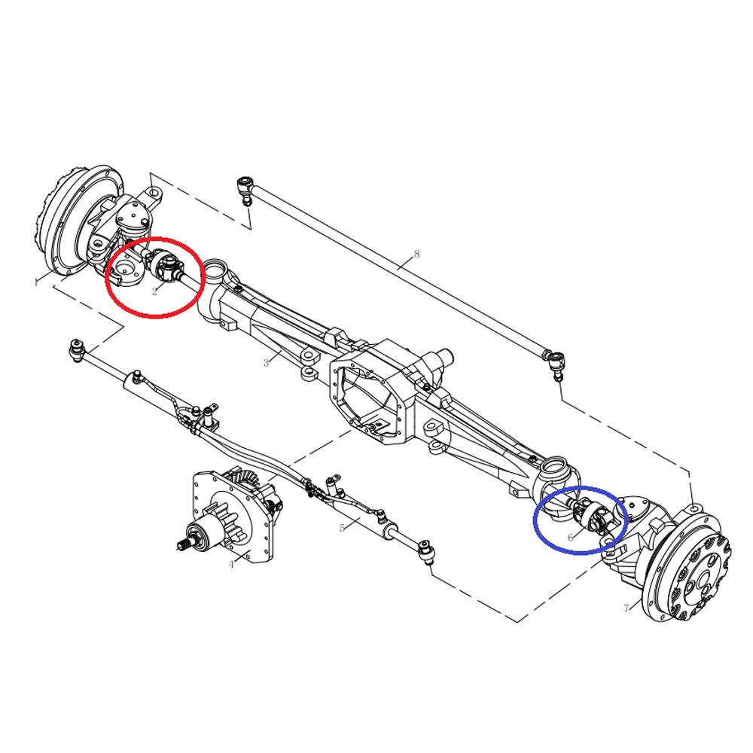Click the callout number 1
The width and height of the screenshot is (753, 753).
point(35,282)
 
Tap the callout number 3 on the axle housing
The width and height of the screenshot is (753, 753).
point(266,363)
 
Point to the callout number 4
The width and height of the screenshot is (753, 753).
point(231,565)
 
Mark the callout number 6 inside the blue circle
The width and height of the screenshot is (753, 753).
point(571,538)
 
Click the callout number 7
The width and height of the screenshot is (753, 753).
point(626,608)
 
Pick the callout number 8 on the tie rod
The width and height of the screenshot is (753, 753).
point(416,254)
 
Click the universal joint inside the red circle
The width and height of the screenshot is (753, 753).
point(167,266)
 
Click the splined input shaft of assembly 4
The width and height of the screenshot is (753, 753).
point(188,543)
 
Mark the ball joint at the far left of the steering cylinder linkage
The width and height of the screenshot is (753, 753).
point(76,348)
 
